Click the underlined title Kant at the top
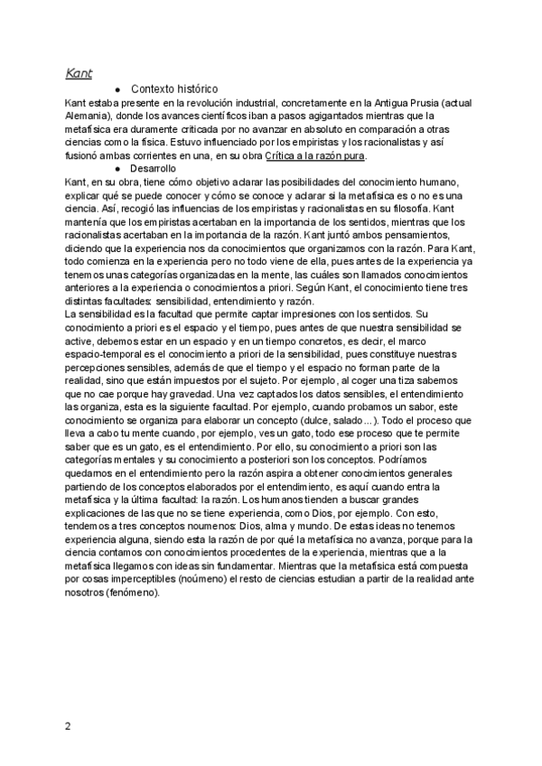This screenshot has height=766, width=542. click(79, 72)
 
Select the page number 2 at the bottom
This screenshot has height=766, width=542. click(69, 725)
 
